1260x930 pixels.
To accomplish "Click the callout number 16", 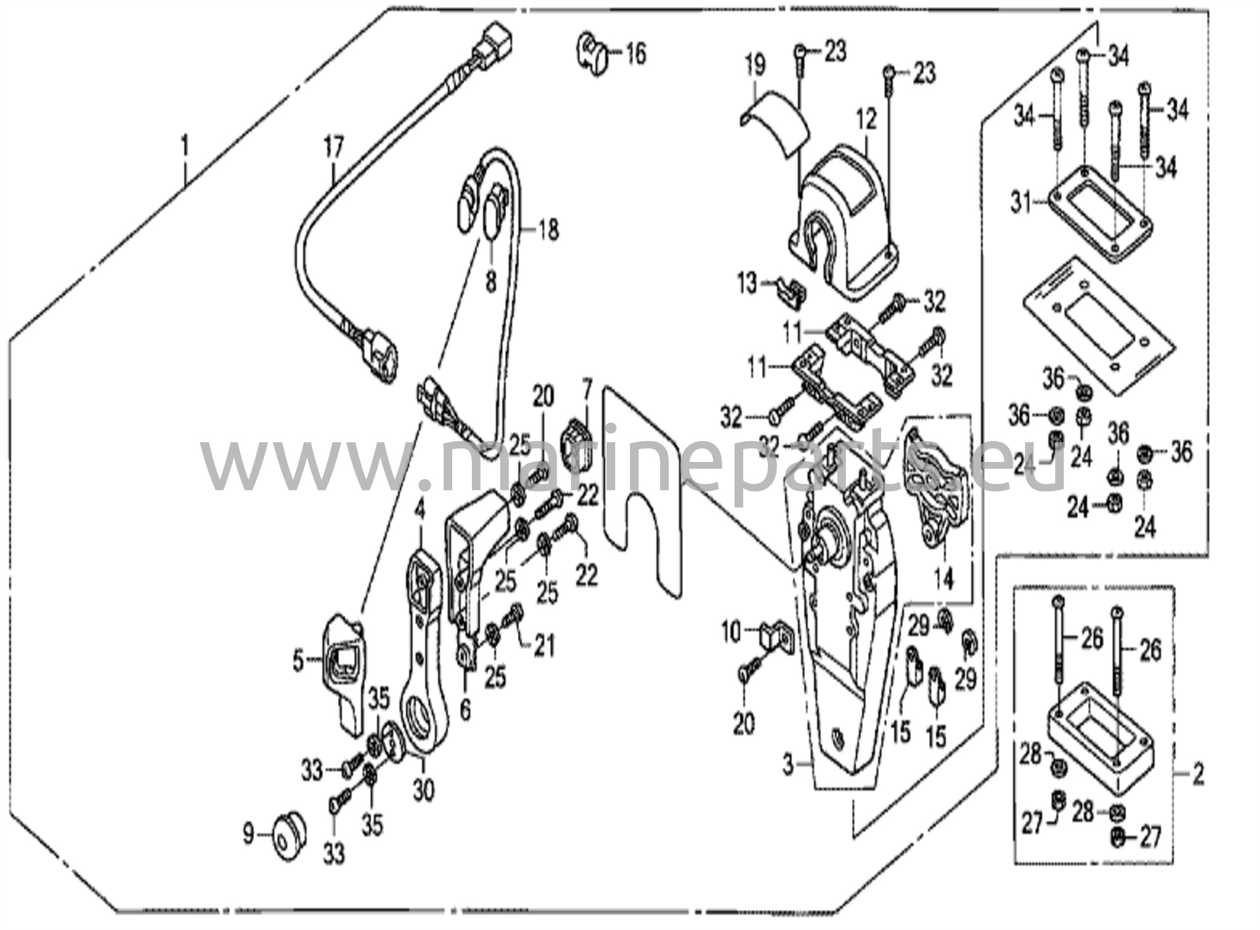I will click(636, 54).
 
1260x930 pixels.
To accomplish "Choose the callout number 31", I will click(1021, 202).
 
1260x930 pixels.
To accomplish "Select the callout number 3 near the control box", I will click(789, 766).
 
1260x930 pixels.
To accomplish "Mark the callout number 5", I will click(298, 662).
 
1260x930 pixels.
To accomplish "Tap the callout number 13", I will click(747, 285).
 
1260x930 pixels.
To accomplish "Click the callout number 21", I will click(544, 645).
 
